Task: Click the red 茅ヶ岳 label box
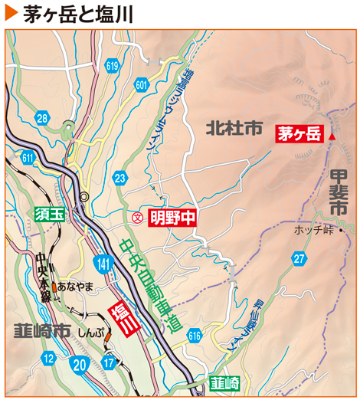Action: coord(299,134)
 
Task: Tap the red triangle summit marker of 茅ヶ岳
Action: coord(333,135)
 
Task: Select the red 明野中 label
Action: coord(172,218)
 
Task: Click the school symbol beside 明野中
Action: coord(138,218)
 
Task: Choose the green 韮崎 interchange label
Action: coord(224,382)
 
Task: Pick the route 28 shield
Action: coord(42,117)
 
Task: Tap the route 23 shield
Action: coord(119,179)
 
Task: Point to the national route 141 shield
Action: coord(103,263)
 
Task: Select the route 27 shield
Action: coord(299,259)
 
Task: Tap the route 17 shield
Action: coord(109,362)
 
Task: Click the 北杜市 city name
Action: coord(234,130)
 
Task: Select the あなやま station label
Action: coord(75,287)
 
